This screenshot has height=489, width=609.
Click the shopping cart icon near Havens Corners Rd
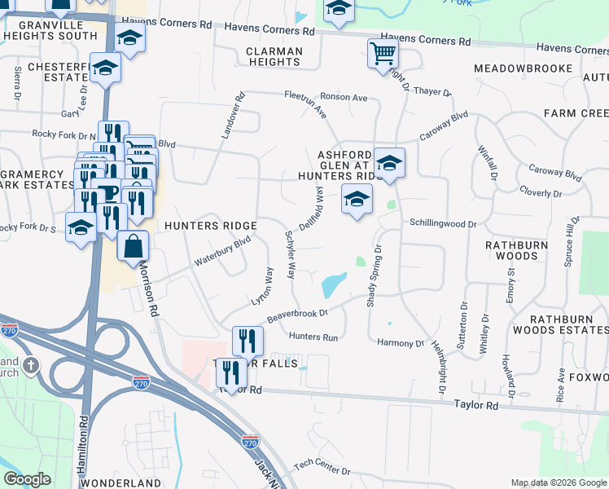click(x=383, y=55)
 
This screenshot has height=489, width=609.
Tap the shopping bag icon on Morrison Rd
click(x=133, y=246)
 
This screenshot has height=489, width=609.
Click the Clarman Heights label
click(x=274, y=56)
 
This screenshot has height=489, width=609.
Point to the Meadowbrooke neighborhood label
click(x=524, y=68)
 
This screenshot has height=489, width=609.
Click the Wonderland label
click(x=121, y=483)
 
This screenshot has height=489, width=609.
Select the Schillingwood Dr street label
click(x=443, y=222)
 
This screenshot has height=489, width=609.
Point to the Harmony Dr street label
click(x=401, y=343)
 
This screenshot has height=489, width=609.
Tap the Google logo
click(x=27, y=479)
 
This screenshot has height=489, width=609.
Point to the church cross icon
click(x=31, y=366)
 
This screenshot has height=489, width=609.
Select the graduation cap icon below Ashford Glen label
click(x=357, y=200)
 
